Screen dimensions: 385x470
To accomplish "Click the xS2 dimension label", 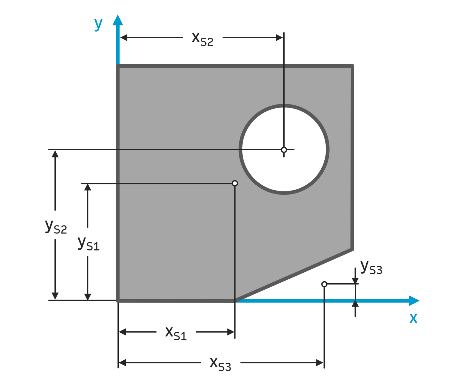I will (x=202, y=39).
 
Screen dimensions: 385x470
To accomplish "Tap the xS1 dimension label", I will (x=176, y=333).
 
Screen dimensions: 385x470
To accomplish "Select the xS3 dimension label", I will (x=220, y=364).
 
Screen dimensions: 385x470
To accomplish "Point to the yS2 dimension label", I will (x=56, y=227).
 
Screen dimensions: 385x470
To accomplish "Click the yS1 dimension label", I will (x=88, y=244).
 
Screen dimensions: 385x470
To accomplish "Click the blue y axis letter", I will (x=98, y=24).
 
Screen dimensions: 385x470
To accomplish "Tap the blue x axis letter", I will (x=413, y=318).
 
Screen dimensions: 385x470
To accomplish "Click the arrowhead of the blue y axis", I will (x=118, y=20).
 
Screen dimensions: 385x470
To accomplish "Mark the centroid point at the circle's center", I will (x=284, y=150).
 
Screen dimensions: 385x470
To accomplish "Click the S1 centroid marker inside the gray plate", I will (x=235, y=183).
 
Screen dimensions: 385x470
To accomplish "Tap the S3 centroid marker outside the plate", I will (x=324, y=284).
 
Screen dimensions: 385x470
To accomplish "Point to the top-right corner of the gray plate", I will (x=352, y=66).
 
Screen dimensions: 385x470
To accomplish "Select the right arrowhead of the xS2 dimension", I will (x=279, y=38).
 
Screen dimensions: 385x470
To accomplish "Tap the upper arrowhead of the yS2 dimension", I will (x=55, y=153).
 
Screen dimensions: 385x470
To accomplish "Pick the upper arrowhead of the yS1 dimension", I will (x=88, y=187).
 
